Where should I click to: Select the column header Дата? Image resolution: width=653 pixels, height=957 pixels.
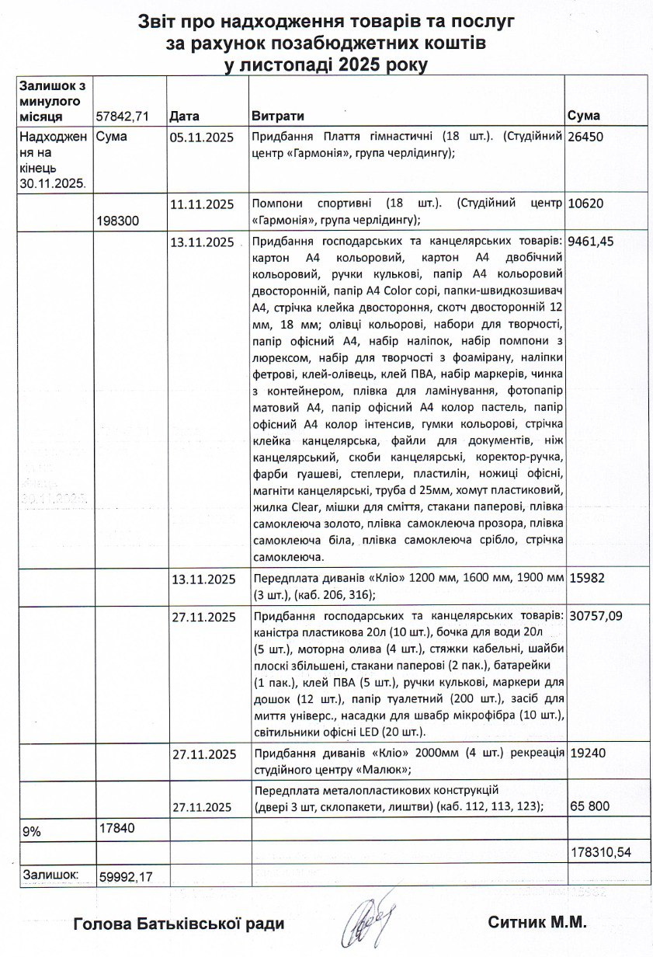[184, 116]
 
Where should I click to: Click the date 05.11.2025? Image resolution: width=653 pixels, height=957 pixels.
[201, 137]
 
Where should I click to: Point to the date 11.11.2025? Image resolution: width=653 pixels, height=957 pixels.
[201, 204]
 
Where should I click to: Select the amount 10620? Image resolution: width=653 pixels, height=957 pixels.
[586, 204]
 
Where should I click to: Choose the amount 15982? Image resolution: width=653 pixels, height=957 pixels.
[586, 579]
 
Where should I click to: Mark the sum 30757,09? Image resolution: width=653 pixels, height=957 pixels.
[594, 617]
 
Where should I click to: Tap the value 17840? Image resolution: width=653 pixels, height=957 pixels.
[117, 827]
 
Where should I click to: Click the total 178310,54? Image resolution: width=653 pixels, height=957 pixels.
[600, 852]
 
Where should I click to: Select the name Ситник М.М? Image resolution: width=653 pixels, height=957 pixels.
[537, 923]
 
